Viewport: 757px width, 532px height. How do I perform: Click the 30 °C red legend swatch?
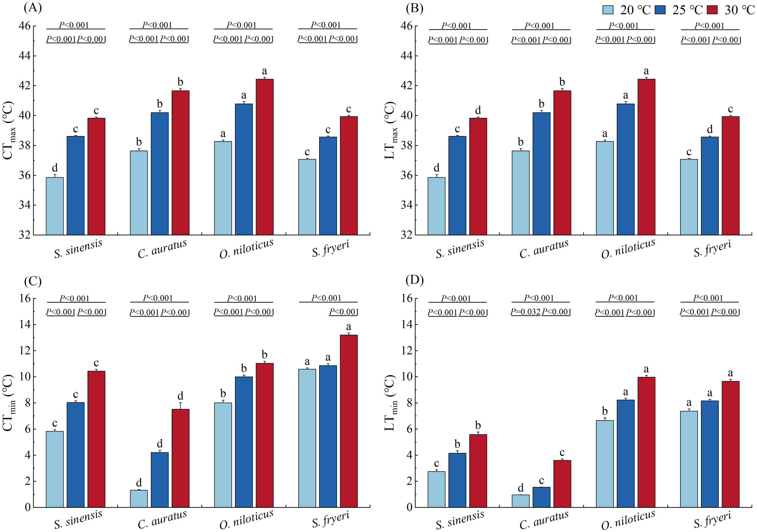point(712,10)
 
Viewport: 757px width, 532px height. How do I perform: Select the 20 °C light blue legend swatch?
point(608,10)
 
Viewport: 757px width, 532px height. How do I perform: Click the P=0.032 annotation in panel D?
point(525,312)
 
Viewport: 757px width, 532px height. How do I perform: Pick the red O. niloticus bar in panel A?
point(264,157)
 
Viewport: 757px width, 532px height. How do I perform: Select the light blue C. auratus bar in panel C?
point(139,499)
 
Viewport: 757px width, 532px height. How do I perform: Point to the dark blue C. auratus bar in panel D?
point(541,497)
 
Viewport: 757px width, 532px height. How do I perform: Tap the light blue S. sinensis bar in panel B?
point(436,206)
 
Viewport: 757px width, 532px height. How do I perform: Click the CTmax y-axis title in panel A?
point(8,130)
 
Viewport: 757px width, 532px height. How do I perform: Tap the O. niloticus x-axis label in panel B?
point(628,249)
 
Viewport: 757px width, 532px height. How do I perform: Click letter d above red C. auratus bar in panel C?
point(180,396)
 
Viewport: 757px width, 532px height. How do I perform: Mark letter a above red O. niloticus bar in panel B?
point(646,71)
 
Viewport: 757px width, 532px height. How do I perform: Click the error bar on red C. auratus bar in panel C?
point(180,406)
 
